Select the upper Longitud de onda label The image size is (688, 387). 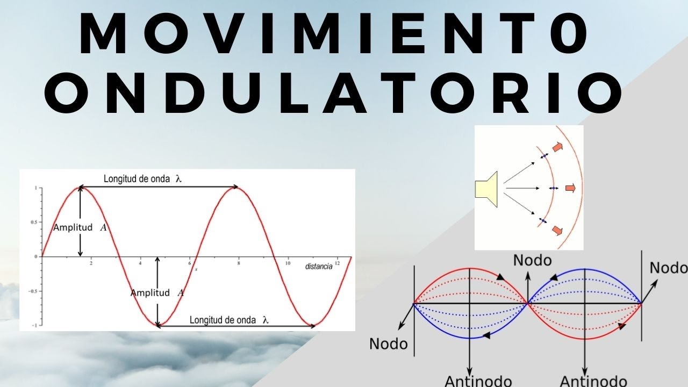tap(143, 179)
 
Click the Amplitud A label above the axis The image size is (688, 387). tap(80, 227)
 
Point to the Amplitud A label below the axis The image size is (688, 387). tap(157, 293)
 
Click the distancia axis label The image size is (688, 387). tap(318, 267)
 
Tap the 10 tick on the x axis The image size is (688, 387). tap(288, 263)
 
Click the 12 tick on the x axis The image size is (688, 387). tap(337, 263)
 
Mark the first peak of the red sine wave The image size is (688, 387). tap(81, 187)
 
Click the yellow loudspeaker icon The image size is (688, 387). tap(487, 188)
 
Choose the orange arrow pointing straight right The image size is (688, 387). tap(571, 188)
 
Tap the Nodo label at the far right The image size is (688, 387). tap(668, 268)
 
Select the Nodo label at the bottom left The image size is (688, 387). tap(388, 343)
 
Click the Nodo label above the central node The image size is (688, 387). tap(532, 260)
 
